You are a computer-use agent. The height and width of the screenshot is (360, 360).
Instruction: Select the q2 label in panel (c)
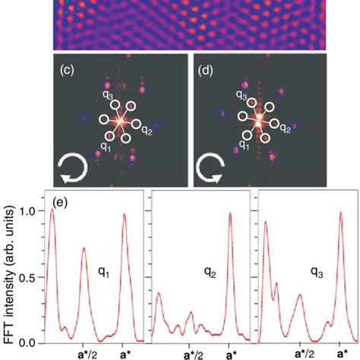click(x=150, y=130)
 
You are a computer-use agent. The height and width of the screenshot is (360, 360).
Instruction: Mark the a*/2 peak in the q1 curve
click(x=84, y=248)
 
